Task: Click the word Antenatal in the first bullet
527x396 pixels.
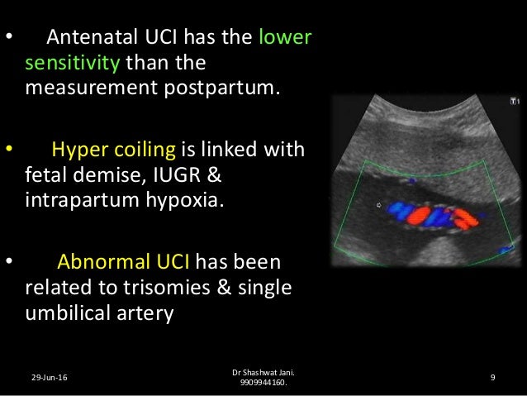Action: [x=87, y=39]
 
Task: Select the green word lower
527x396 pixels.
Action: [x=285, y=39]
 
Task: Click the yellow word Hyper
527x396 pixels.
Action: [x=76, y=151]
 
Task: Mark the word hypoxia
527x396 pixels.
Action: [x=178, y=199]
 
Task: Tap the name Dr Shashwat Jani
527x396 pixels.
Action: [x=263, y=373]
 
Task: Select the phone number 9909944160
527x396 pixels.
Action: [x=263, y=384]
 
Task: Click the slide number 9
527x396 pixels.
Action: [x=492, y=378]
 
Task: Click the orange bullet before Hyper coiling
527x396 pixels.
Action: [x=9, y=150]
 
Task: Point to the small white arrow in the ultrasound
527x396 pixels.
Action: [x=379, y=204]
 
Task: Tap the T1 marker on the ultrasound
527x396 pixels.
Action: [x=514, y=102]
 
